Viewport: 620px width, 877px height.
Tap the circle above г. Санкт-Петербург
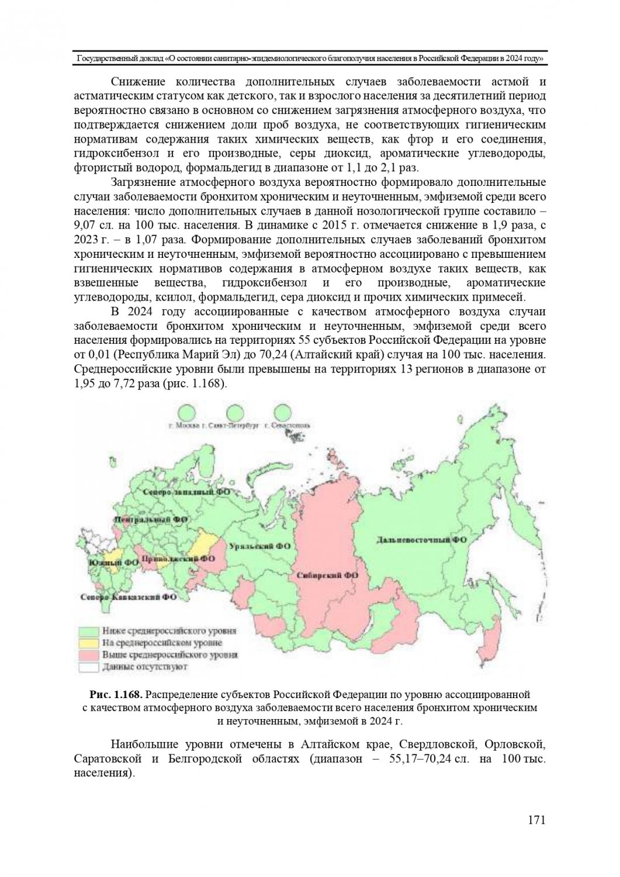tap(235, 413)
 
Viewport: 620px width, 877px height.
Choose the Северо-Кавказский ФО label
tap(129, 598)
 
